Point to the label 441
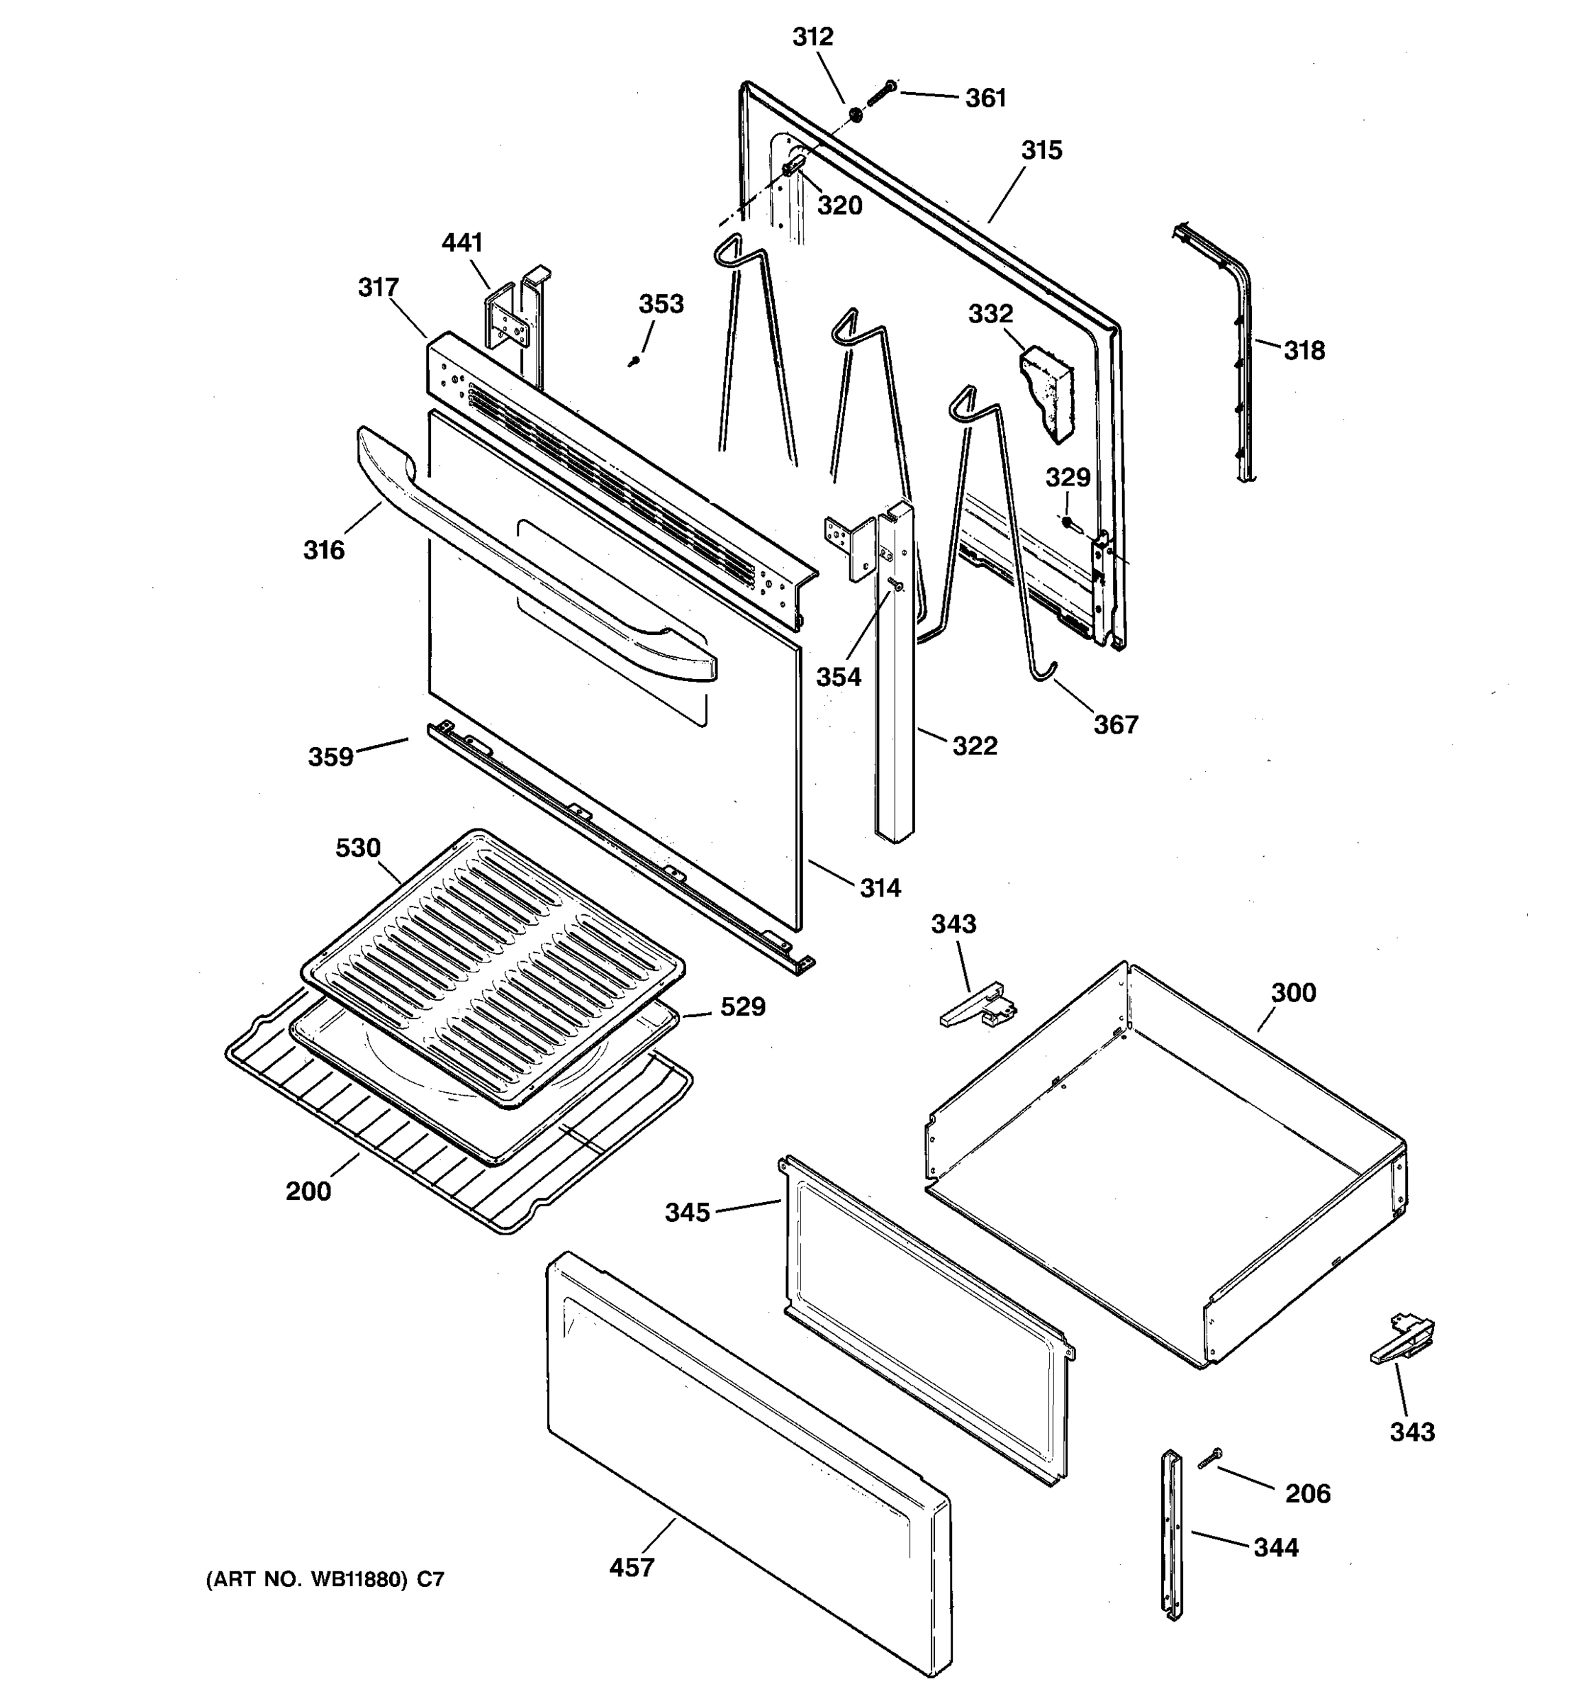point(462,243)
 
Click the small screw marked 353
point(634,362)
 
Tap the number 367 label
point(1115,725)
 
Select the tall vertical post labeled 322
point(894,685)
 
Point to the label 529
point(742,1007)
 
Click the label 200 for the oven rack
point(308,1191)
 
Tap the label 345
point(688,1213)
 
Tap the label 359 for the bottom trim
point(330,756)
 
